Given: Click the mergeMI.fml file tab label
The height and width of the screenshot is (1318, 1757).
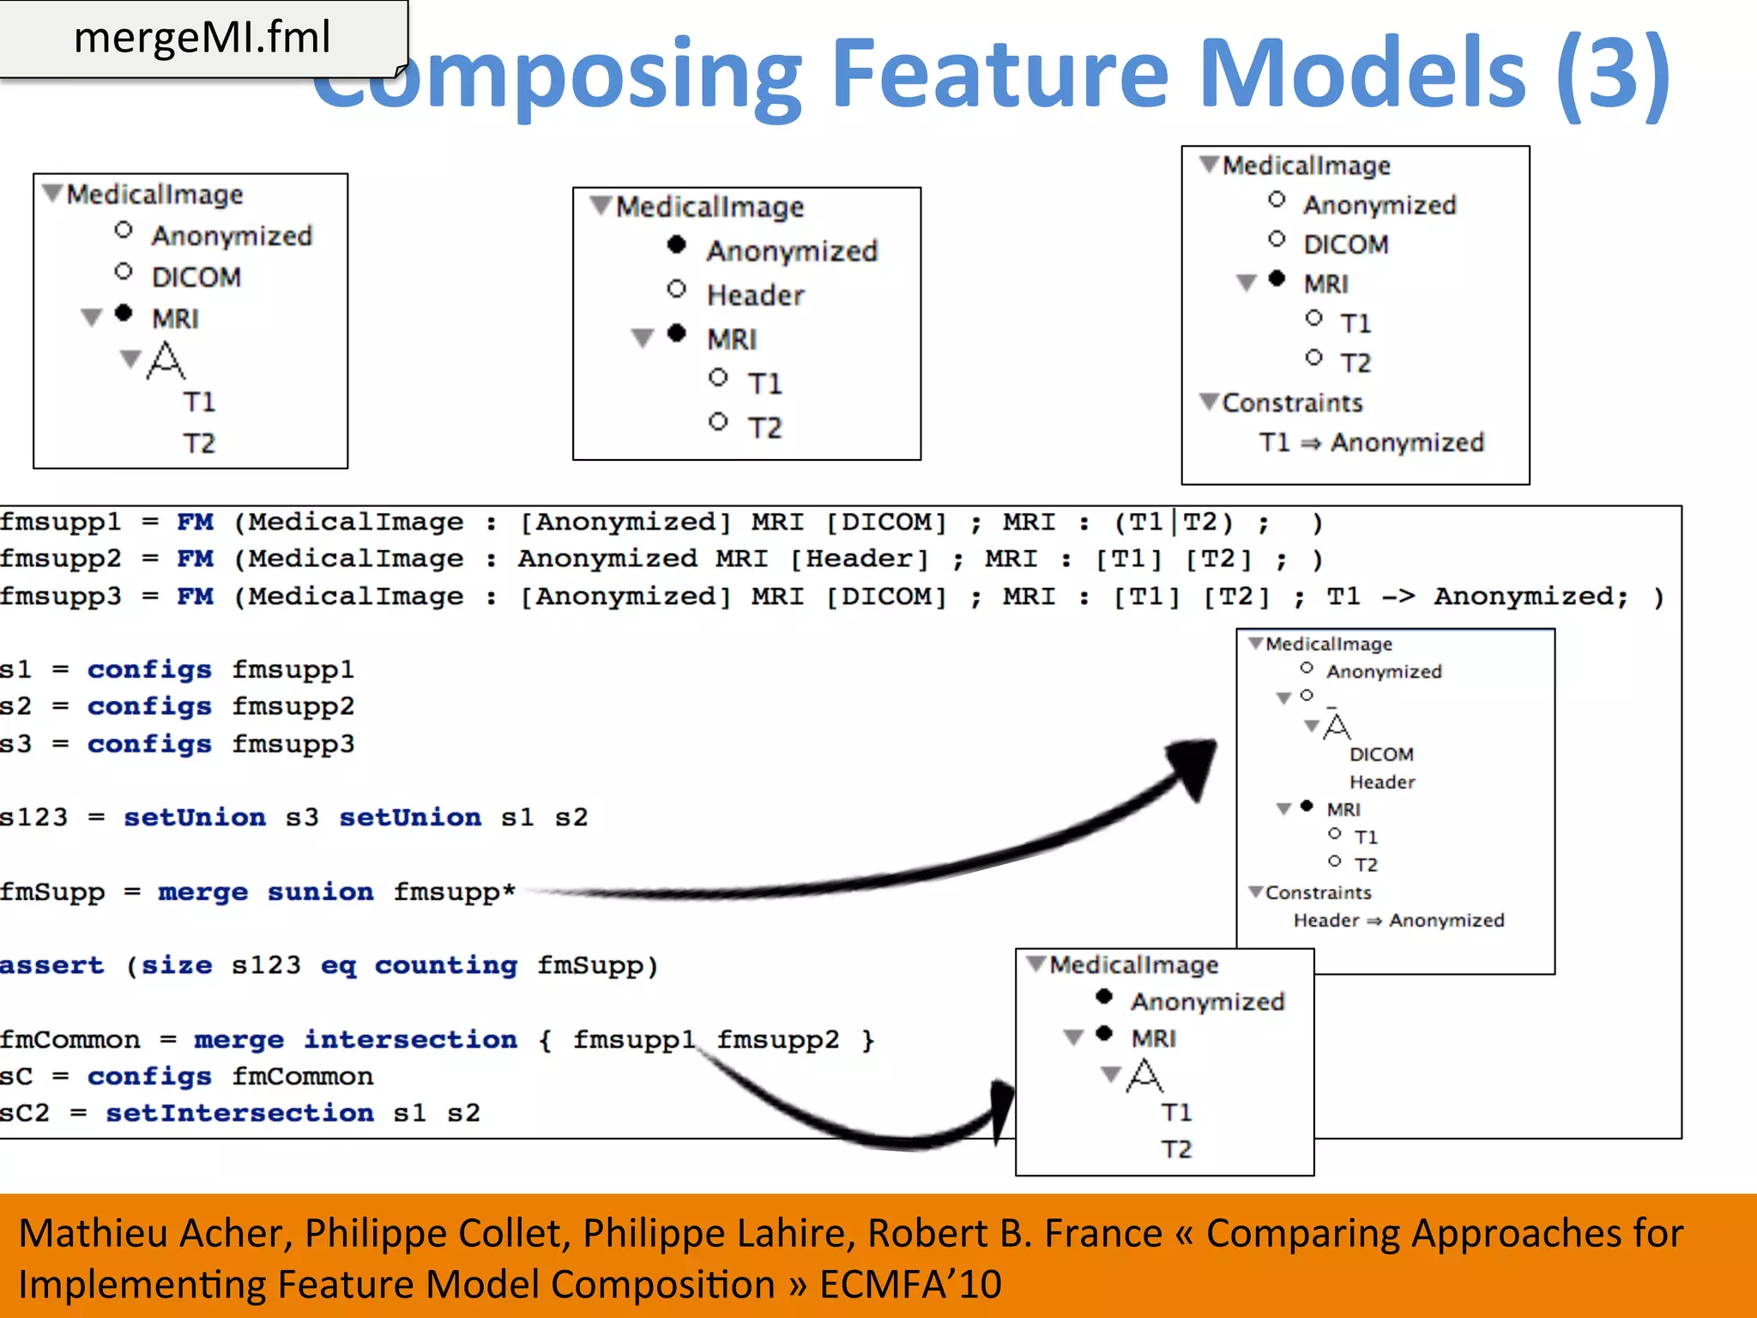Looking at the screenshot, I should (x=202, y=38).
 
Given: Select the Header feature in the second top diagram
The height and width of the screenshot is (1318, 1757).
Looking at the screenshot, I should (x=755, y=295).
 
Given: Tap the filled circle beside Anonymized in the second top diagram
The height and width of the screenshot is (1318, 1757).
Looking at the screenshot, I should (x=677, y=246).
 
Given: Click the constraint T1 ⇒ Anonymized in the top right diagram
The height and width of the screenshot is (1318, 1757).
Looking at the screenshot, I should (x=1371, y=443).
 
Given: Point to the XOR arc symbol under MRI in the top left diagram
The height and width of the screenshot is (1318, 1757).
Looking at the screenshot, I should (x=166, y=360).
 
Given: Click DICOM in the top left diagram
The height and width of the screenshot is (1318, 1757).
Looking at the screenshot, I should (x=196, y=277).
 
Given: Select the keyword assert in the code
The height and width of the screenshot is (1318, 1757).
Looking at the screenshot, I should (x=51, y=965).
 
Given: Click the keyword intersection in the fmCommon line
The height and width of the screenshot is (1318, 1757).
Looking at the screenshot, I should (x=410, y=1039).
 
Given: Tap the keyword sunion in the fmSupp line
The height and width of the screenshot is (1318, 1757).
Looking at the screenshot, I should (x=320, y=892).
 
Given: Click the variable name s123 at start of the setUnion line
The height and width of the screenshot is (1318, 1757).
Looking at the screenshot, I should (x=33, y=817).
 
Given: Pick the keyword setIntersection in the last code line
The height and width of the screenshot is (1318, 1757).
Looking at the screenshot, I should (x=239, y=1113).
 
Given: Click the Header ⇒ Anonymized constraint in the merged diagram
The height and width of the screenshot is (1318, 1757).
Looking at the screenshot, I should (x=1398, y=921).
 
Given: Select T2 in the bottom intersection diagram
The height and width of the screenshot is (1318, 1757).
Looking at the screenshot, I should (x=1176, y=1149).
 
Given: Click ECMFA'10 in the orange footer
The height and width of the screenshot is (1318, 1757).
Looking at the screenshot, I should (x=910, y=1285).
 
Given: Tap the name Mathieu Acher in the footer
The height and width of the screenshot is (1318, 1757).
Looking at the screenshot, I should (x=155, y=1233).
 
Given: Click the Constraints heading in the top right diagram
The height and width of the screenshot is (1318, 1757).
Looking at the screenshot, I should (x=1291, y=403).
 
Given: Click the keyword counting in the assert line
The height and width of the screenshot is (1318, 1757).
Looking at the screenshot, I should (x=445, y=965).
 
